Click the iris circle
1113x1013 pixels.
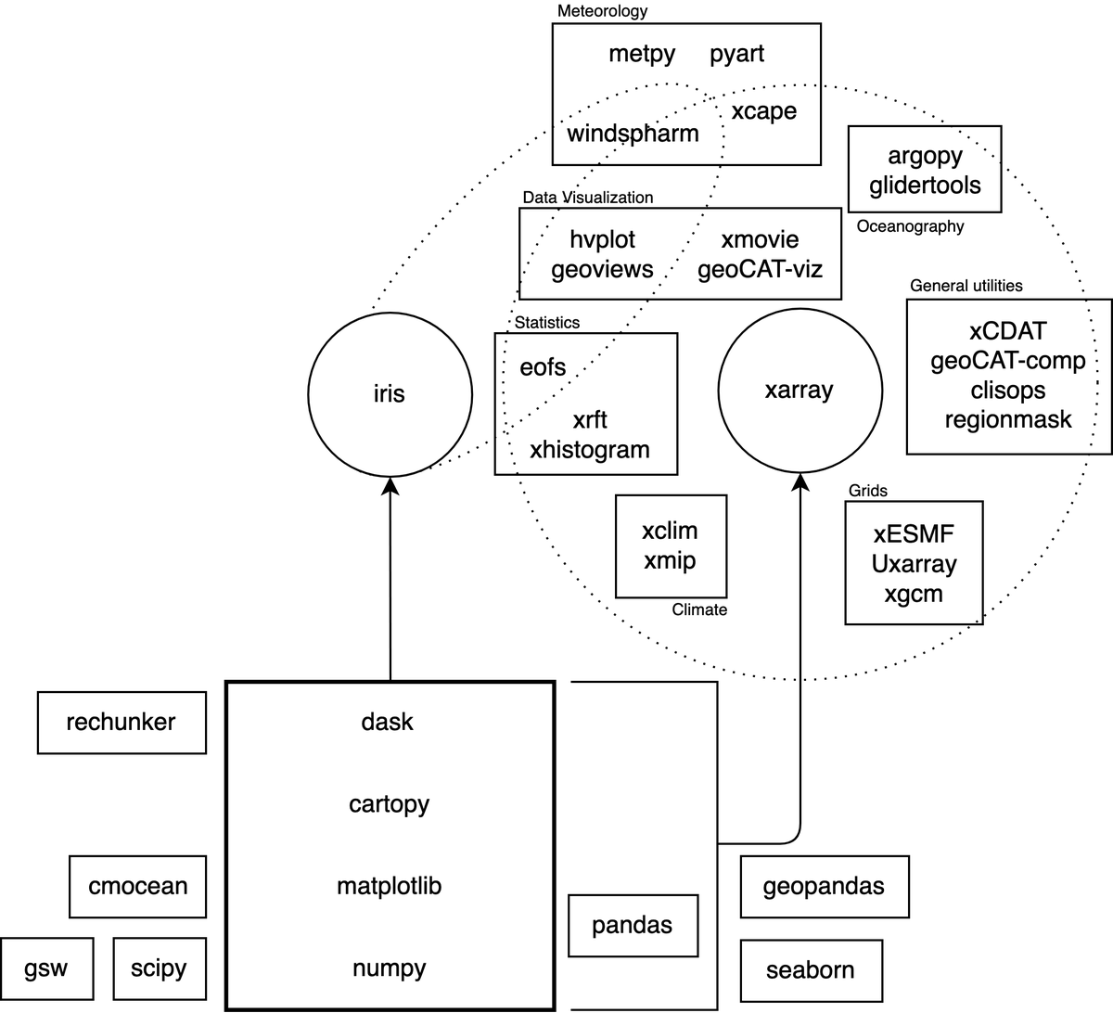(x=390, y=394)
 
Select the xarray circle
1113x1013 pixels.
(x=799, y=391)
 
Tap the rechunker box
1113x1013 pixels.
(x=122, y=722)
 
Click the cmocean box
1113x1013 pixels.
(x=137, y=886)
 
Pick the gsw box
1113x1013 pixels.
(x=46, y=968)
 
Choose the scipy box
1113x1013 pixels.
(x=159, y=968)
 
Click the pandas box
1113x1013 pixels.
(x=633, y=925)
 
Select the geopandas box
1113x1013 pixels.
(x=824, y=886)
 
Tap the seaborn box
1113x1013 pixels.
(x=811, y=969)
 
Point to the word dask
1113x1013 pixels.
(x=388, y=722)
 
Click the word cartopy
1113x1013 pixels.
(x=390, y=803)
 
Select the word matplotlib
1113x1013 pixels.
(x=390, y=886)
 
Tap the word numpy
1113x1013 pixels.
(x=390, y=968)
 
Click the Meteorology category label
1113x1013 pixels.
(x=602, y=11)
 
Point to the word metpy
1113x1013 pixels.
(x=642, y=54)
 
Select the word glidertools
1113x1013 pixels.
(x=925, y=185)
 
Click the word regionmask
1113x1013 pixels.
(x=1008, y=419)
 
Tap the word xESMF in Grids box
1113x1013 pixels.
(x=914, y=534)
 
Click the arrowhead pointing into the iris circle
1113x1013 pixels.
(x=390, y=486)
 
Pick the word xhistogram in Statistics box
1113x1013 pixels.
(x=590, y=450)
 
